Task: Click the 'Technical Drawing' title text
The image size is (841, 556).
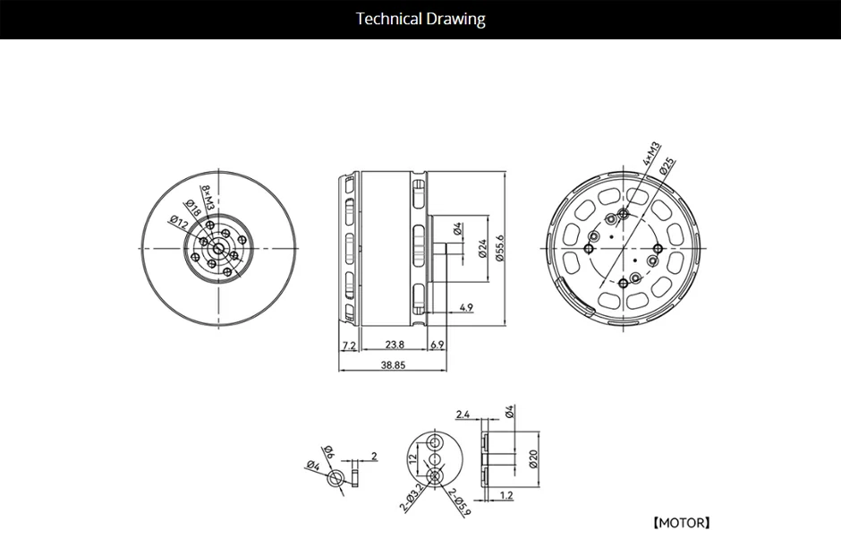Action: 420,19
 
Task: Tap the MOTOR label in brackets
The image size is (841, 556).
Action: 681,522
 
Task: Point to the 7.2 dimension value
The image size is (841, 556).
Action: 348,345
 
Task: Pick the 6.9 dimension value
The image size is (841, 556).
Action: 437,345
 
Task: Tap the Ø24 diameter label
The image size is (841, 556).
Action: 482,248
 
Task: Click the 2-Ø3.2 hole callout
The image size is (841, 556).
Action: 413,502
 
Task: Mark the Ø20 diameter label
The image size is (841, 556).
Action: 532,459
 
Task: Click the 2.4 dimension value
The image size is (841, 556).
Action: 463,414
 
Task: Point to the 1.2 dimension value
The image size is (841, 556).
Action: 505,495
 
